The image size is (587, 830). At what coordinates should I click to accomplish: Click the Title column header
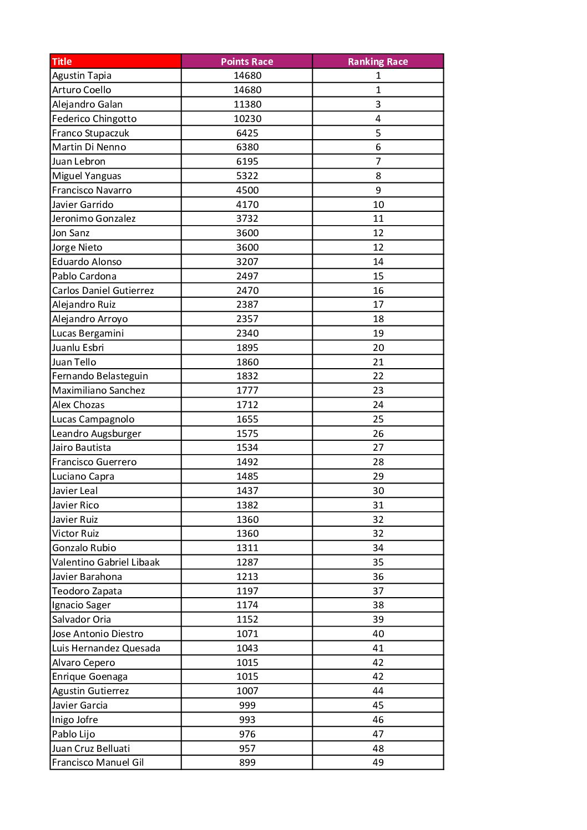coord(62,62)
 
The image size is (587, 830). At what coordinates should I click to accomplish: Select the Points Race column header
coord(247,62)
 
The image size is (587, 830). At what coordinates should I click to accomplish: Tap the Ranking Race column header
coord(378,62)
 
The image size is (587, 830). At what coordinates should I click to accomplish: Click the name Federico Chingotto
coord(94,119)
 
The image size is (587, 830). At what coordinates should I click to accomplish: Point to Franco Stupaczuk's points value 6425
coord(247,133)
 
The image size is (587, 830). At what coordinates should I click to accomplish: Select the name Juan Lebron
coord(79,161)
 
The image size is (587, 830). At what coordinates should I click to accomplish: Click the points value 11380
coord(247,104)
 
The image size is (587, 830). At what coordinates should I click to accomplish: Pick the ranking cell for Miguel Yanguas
coord(378,176)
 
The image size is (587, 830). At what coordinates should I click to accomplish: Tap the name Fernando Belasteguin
coord(100,376)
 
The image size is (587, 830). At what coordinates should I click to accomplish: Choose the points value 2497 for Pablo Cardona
coord(247,276)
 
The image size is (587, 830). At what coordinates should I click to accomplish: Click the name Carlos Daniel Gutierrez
coord(103,291)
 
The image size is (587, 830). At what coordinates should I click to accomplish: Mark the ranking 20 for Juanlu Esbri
coord(378,348)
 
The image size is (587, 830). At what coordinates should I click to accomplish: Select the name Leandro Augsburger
coord(97,434)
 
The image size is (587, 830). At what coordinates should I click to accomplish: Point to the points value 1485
coord(247,476)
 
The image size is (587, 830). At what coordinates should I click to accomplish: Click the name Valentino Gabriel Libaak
coord(106,562)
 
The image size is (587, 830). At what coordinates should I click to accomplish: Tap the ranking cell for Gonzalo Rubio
coord(378,548)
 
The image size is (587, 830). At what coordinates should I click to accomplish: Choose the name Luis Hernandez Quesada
coord(106,648)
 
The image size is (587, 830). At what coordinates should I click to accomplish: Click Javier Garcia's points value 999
coord(247,705)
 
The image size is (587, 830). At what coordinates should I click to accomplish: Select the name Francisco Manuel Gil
coord(98,762)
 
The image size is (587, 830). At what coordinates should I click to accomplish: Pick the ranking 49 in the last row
coord(378,762)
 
